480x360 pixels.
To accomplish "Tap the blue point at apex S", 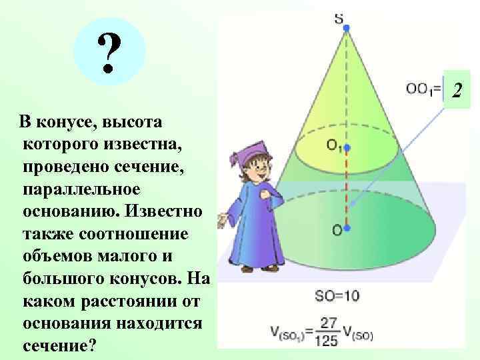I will [345, 29].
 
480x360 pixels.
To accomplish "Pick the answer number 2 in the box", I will [457, 89].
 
